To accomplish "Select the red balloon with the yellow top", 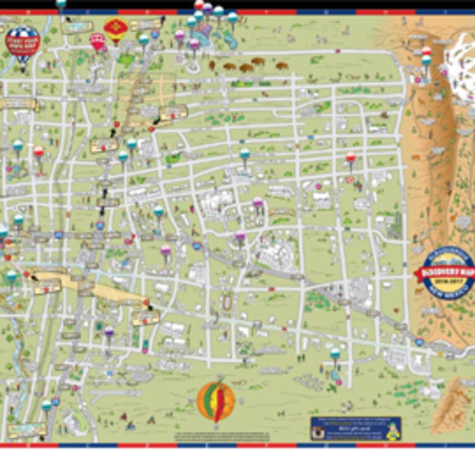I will (115, 29).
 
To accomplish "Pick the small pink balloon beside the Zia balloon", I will (98, 41).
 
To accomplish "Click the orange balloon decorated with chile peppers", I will (216, 401).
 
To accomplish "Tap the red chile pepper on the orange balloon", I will (219, 402).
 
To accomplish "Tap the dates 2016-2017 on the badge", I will (443, 283).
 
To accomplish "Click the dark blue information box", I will (355, 428).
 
